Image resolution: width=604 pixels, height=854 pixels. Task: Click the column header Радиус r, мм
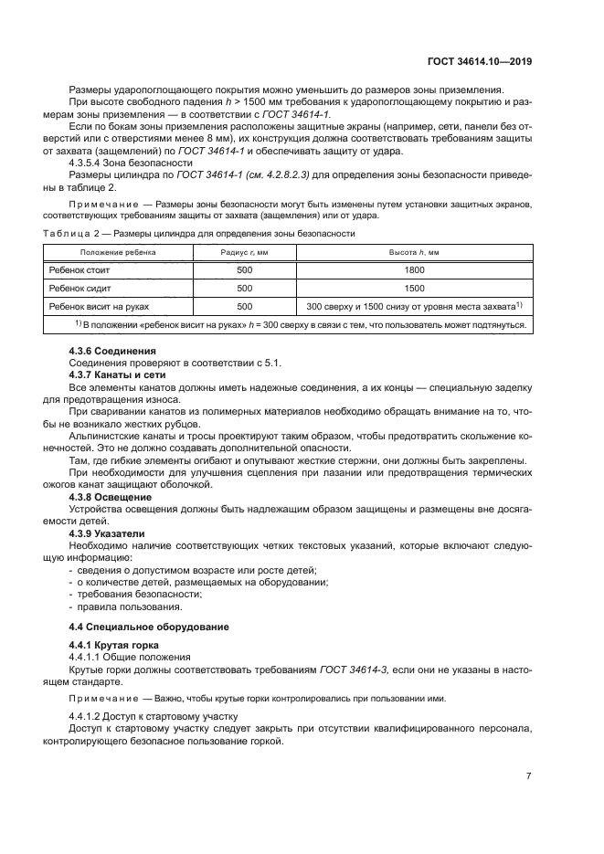[244, 251]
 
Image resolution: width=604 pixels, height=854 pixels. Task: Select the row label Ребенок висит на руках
[99, 306]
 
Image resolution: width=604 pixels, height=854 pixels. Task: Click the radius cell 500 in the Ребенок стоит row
[244, 270]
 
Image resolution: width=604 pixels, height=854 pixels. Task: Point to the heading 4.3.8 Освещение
[111, 496]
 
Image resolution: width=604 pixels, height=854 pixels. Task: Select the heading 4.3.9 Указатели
[110, 532]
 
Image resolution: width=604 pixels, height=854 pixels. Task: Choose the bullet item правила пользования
[117, 606]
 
